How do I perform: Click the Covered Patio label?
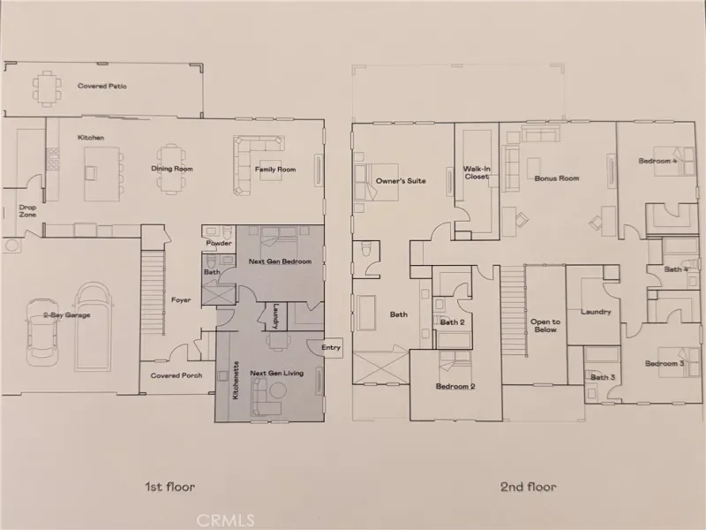102,86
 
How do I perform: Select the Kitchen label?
91,138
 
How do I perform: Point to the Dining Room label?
172,169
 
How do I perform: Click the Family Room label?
275,170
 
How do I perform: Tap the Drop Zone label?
27,211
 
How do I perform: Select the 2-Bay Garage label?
67,315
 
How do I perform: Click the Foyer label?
181,299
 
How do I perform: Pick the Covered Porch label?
176,375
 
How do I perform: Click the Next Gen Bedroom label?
280,261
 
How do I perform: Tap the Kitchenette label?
236,380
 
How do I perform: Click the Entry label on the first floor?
331,347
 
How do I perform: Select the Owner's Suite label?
401,181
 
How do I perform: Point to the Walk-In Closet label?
477,172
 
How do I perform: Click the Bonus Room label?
557,178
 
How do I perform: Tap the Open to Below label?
545,325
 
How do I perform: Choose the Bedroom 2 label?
455,386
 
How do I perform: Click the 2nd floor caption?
528,487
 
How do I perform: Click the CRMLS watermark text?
226,521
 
